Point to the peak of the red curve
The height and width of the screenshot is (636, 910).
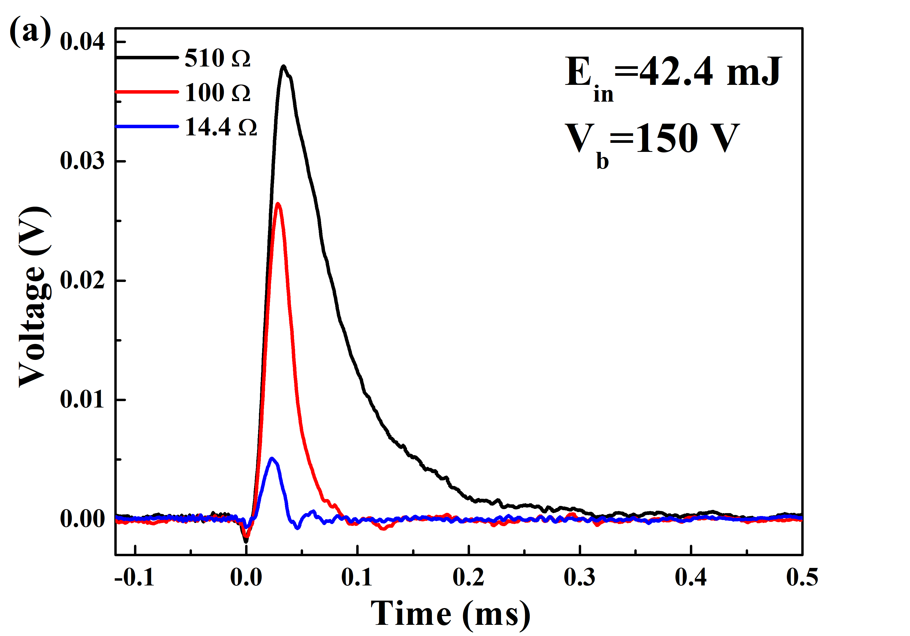pyautogui.click(x=278, y=204)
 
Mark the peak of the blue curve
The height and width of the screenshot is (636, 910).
pyautogui.click(x=271, y=458)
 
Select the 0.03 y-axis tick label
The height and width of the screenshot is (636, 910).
pyautogui.click(x=82, y=161)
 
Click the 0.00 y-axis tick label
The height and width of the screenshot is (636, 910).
pyautogui.click(x=82, y=519)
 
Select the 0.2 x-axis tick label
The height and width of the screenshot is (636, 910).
pyautogui.click(x=468, y=577)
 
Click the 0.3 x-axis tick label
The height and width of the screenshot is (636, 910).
pyautogui.click(x=580, y=577)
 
